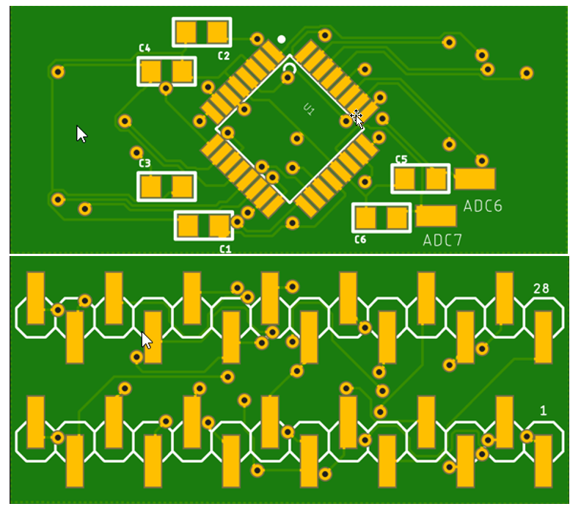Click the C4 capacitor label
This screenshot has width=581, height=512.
[145, 48]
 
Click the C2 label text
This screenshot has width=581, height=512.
[224, 56]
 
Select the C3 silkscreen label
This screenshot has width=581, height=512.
[145, 163]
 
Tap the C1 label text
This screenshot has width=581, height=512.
[225, 249]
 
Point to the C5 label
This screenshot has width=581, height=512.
[401, 159]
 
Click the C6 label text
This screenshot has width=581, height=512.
[360, 239]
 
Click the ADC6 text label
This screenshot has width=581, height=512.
[483, 206]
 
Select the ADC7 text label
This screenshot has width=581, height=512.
[442, 241]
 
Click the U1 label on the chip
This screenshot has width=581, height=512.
[309, 109]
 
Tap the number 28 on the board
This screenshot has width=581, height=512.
[541, 288]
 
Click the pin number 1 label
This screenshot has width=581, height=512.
[543, 411]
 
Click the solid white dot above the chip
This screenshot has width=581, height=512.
[281, 39]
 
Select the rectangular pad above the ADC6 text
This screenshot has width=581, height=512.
[475, 179]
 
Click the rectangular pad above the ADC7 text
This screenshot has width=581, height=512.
[436, 216]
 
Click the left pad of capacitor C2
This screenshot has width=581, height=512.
[186, 32]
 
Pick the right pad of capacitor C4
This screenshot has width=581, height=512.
[183, 71]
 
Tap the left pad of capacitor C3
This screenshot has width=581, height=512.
[151, 186]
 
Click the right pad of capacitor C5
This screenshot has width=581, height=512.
[436, 178]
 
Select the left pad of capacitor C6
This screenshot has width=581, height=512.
[366, 218]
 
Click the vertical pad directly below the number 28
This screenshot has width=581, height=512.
[544, 337]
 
